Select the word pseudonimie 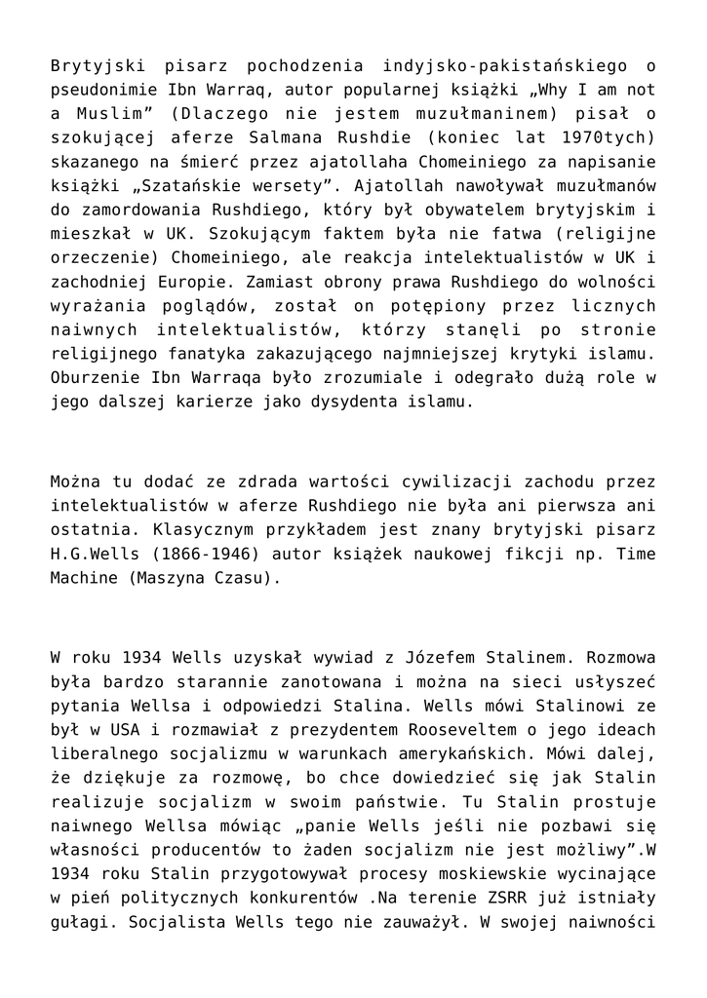point(102,90)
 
